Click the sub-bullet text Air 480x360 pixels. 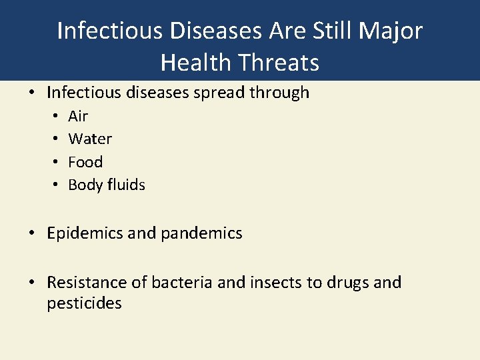[78, 116]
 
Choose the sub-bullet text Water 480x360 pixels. [90, 139]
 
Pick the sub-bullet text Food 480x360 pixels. [85, 162]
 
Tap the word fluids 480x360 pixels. [127, 185]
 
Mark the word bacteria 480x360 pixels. [183, 283]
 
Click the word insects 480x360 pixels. [276, 283]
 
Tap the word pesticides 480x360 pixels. [84, 304]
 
